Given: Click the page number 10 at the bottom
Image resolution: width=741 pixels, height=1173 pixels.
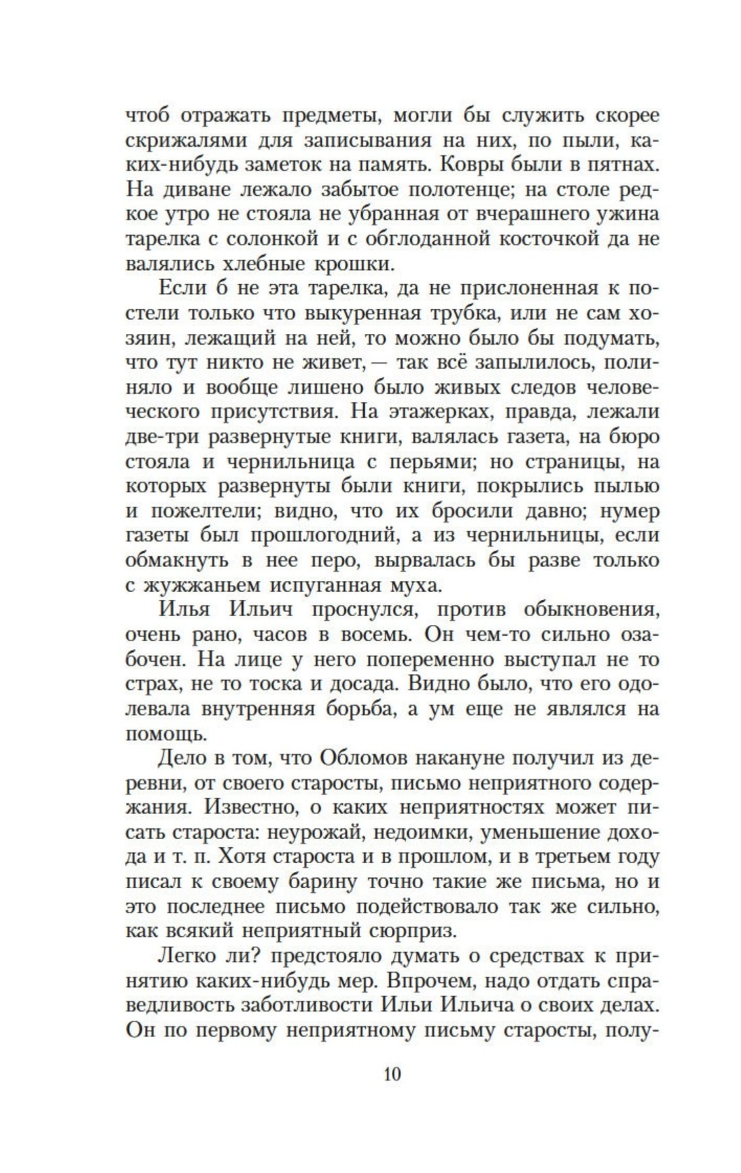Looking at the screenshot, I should tap(392, 1073).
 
